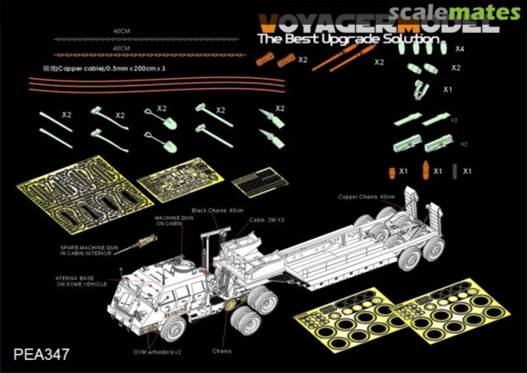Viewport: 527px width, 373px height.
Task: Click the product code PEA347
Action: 42,354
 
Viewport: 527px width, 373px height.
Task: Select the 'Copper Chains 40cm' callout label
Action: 366,197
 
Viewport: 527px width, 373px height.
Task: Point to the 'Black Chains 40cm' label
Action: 217,210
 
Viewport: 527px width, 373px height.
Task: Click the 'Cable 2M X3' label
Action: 266,220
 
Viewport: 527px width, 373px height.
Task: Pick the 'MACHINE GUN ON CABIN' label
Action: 174,220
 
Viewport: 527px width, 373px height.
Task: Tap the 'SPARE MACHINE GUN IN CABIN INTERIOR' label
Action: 89,250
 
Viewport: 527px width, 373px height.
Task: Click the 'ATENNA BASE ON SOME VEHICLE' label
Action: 81,281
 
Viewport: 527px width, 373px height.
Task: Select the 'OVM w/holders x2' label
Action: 157,352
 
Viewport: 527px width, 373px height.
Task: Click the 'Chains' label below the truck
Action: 222,351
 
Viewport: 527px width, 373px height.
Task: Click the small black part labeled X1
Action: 454,171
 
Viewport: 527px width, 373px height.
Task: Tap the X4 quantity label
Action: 459,49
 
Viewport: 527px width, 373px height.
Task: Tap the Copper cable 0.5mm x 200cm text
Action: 104,69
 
